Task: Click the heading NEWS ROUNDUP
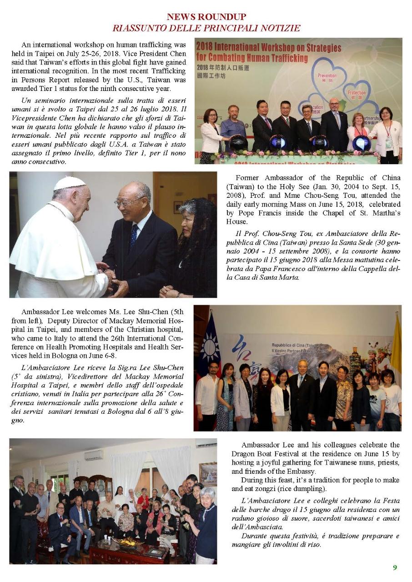click(x=206, y=17)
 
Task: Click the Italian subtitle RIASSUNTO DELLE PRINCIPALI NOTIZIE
click(x=206, y=28)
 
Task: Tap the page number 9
click(x=395, y=567)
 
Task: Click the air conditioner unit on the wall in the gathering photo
click(x=93, y=455)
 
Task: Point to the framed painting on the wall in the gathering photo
click(x=208, y=474)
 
